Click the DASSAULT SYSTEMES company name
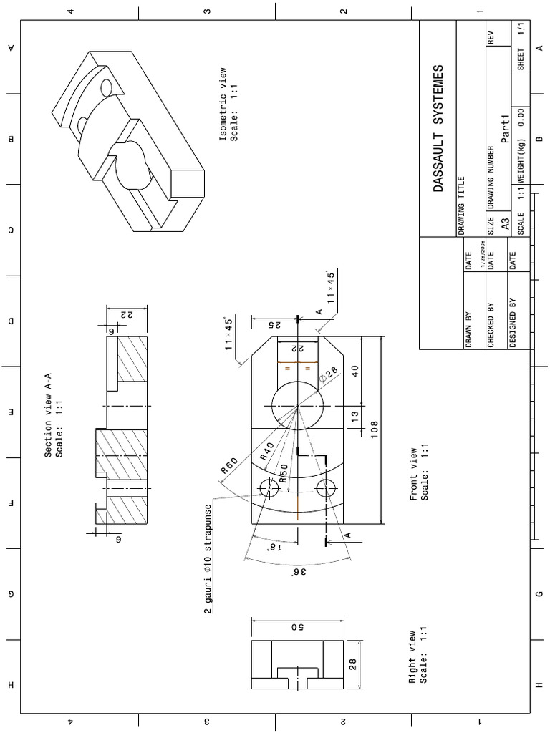[x=438, y=130]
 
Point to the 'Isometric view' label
[x=227, y=105]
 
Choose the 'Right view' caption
[x=419, y=656]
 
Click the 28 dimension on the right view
[x=352, y=664]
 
